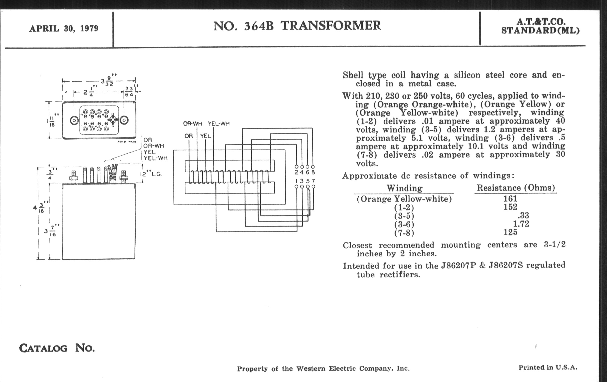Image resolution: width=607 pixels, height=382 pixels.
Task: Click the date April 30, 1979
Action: (x=64, y=28)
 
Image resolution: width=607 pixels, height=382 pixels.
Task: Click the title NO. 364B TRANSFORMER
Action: (x=297, y=26)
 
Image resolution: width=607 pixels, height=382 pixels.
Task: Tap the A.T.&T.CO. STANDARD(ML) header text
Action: (x=540, y=26)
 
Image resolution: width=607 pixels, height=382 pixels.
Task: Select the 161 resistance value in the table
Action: (x=510, y=199)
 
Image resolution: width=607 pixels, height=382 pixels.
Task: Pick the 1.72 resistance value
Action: (x=521, y=224)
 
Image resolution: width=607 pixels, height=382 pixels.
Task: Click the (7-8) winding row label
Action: (x=404, y=233)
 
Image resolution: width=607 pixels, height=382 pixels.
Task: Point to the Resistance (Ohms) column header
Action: (x=516, y=188)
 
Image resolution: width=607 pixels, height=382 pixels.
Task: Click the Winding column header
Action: (x=404, y=188)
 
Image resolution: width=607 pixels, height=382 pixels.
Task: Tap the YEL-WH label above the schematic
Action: (x=219, y=124)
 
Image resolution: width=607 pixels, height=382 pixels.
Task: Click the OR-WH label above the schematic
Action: (x=193, y=124)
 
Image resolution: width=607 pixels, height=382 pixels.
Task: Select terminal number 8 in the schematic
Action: (x=313, y=173)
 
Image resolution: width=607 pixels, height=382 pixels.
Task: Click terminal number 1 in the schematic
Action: (x=297, y=181)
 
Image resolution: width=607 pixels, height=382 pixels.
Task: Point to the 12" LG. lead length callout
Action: (x=151, y=174)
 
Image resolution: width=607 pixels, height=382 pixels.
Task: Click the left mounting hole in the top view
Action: (x=74, y=121)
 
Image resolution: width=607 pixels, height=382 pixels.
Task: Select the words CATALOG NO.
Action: (x=57, y=349)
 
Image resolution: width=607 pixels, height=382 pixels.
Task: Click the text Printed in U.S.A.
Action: (x=548, y=368)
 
